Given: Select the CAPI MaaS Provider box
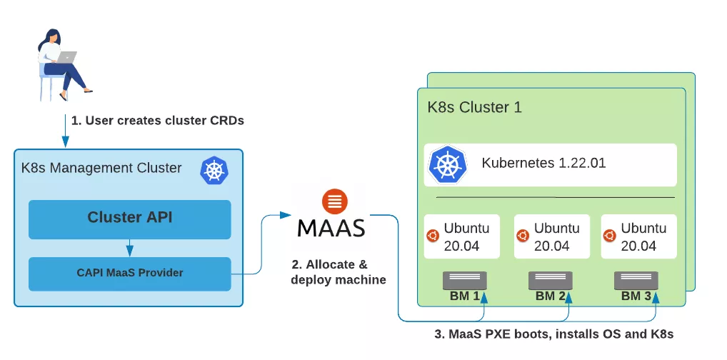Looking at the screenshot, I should tap(129, 273).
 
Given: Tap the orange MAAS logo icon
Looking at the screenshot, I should tap(331, 201).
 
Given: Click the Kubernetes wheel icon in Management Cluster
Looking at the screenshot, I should tap(214, 171).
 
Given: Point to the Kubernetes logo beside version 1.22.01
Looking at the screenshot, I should tap(447, 164).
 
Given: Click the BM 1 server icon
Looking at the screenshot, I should tap(465, 280).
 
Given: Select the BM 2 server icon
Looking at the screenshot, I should tap(551, 280).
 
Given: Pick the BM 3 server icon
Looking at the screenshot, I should tap(636, 280).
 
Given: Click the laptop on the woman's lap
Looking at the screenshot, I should tap(66, 57).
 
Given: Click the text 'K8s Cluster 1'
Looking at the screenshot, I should tap(474, 108).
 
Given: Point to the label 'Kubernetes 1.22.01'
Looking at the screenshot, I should tap(543, 163).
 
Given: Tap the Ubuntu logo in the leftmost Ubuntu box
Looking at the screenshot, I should tap(433, 236).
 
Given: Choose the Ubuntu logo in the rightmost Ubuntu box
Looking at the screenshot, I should tap(609, 236).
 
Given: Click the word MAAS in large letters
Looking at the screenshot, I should tap(331, 228).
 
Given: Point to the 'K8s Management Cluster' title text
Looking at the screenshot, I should tap(101, 169).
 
